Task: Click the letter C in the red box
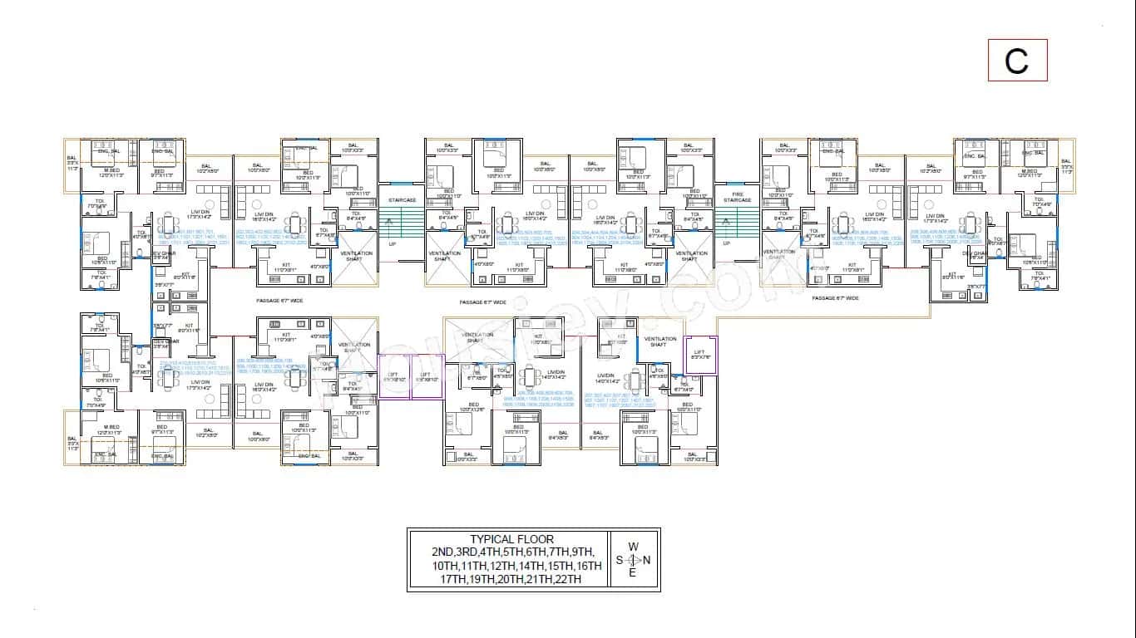pos(1016,61)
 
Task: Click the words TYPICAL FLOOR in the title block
pos(511,539)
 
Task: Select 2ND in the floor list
pos(443,552)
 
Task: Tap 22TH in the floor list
pos(566,579)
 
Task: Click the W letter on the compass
pos(633,547)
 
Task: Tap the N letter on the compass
pos(647,560)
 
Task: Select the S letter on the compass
pos(620,560)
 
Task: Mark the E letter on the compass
pos(633,573)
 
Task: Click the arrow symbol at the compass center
pos(633,560)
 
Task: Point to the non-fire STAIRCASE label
pos(402,200)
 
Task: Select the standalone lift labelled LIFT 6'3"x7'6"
pos(699,355)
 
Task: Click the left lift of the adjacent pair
pos(394,376)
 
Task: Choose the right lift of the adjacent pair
pos(426,376)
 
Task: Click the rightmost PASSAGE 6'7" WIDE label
pos(835,297)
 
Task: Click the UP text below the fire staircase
pos(726,243)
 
